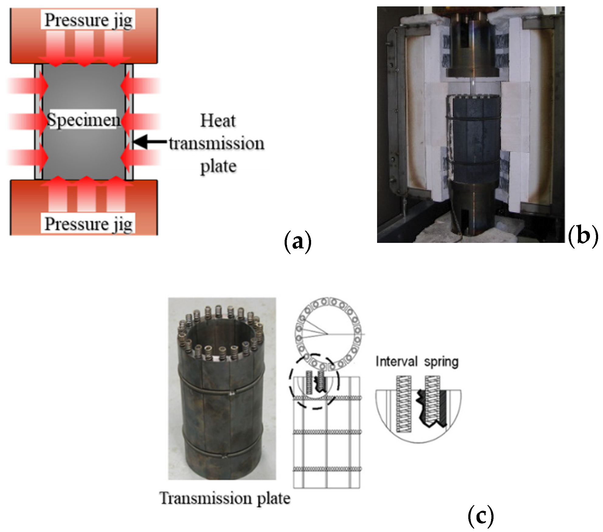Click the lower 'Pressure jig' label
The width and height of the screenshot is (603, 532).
pyautogui.click(x=88, y=224)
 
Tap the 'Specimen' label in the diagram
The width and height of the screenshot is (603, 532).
pyautogui.click(x=83, y=119)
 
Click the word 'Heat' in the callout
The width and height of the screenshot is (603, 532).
pyautogui.click(x=218, y=121)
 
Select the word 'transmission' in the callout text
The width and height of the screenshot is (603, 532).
pyautogui.click(x=217, y=143)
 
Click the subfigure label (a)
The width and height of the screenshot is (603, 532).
pyautogui.click(x=297, y=242)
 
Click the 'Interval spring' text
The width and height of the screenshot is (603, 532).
pyautogui.click(x=417, y=362)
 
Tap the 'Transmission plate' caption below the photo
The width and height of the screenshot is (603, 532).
pyautogui.click(x=225, y=499)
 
